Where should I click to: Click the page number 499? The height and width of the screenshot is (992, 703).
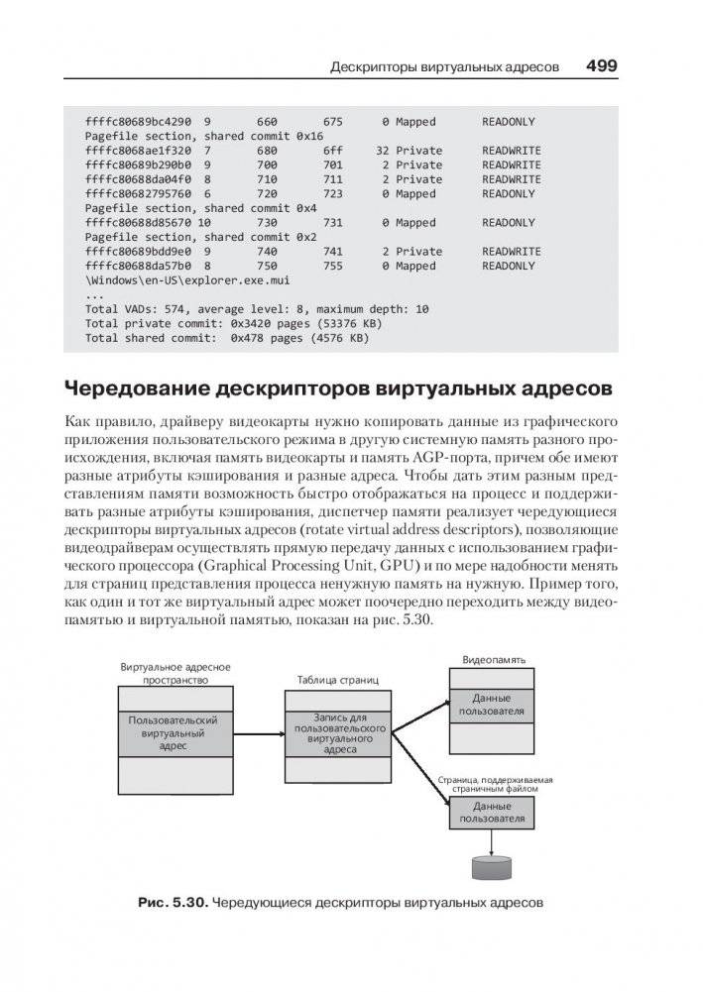click(601, 66)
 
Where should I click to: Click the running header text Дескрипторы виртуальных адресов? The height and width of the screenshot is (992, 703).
click(445, 67)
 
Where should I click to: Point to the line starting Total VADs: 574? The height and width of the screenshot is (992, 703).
click(257, 309)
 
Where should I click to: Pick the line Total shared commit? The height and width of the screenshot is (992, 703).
click(227, 338)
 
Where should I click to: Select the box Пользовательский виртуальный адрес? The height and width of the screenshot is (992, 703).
click(174, 732)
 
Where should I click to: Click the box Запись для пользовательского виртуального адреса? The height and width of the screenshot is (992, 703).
click(340, 732)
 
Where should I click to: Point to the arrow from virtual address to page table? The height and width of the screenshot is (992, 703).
click(259, 733)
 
